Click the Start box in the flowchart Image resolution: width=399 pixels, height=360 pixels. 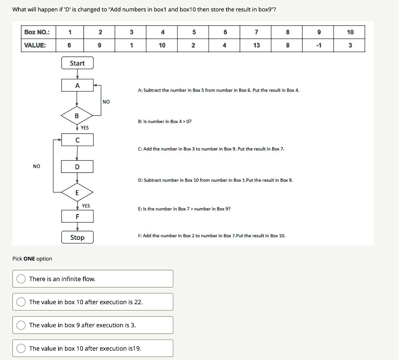click(77, 63)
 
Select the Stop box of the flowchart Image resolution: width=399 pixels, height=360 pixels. click(77, 238)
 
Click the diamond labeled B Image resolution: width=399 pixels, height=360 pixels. click(77, 116)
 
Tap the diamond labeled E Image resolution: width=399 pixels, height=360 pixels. click(77, 193)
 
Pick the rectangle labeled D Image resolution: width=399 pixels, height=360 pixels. click(77, 167)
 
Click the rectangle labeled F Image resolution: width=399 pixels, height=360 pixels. click(77, 216)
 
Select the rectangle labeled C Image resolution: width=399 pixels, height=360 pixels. click(77, 140)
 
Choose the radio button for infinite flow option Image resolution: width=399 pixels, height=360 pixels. click(21, 279)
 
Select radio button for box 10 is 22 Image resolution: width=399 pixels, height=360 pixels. click(21, 302)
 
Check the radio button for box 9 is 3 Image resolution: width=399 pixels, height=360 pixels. click(21, 325)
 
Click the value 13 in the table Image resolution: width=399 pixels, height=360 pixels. click(256, 46)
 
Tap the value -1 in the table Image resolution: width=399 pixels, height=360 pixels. click(319, 46)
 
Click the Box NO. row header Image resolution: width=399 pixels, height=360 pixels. click(35, 32)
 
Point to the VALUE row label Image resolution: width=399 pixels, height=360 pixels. click(35, 46)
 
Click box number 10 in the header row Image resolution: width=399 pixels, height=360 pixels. click(350, 32)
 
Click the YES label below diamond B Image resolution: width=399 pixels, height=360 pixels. click(85, 128)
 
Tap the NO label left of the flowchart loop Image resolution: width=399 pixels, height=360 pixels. click(36, 166)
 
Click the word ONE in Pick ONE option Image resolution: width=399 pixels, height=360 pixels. click(29, 259)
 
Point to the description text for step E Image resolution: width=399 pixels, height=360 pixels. click(184, 209)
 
